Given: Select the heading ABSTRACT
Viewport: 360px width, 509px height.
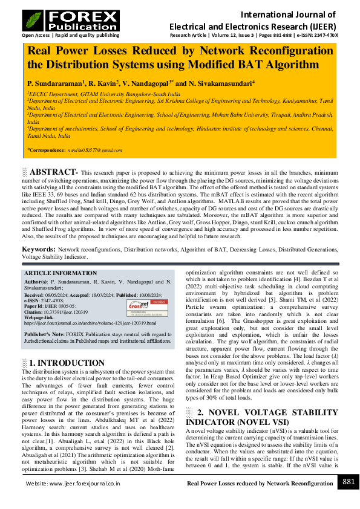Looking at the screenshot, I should click(x=54, y=172).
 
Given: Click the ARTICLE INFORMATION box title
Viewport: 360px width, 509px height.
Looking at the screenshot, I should click(x=54, y=273).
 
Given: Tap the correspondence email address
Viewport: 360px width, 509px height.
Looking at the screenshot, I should click(x=87, y=149).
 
